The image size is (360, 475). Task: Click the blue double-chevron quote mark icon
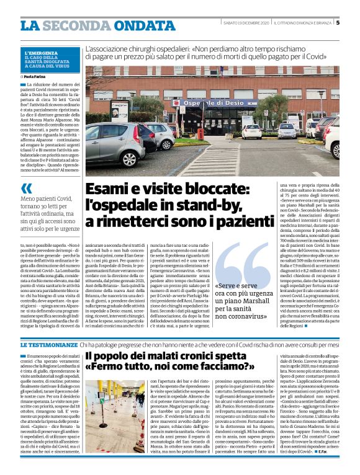pos(27,189)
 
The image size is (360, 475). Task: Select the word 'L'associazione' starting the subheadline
pos(108,48)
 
